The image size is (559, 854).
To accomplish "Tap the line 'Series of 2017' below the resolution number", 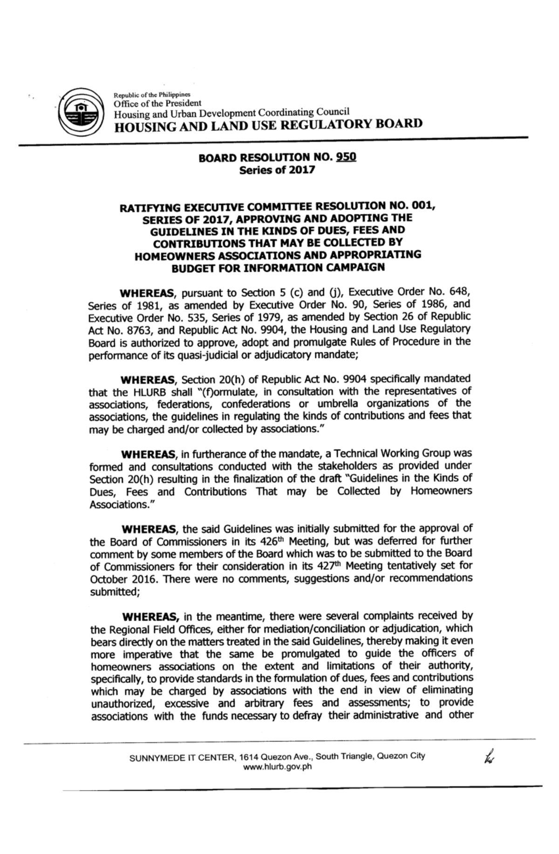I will tap(277, 170).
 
